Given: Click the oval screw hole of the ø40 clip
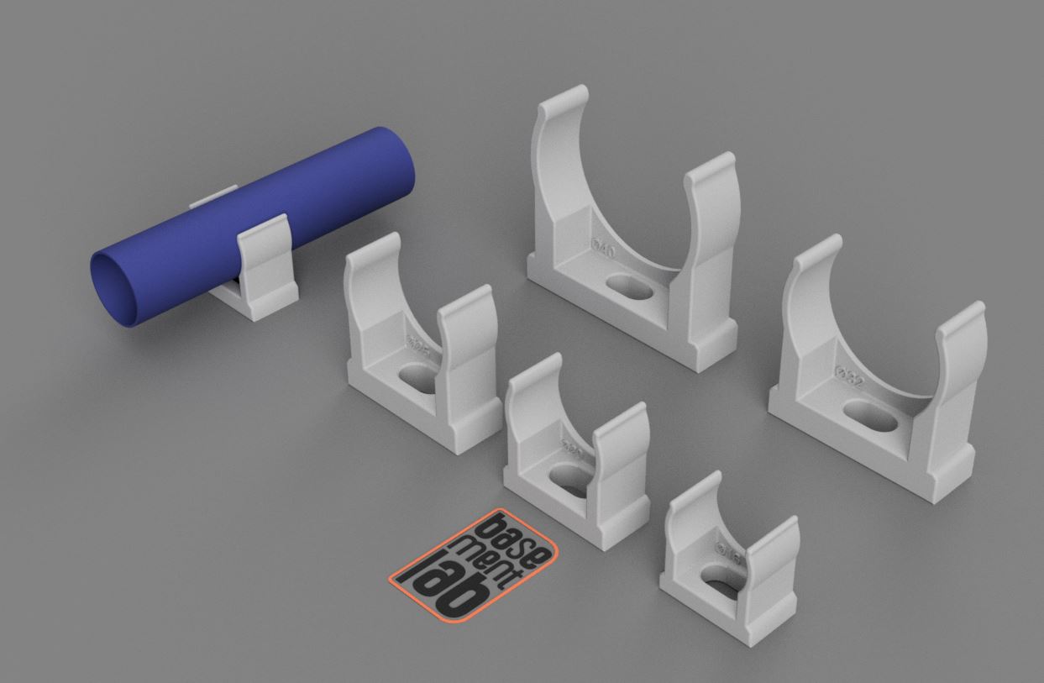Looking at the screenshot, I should coord(633,286).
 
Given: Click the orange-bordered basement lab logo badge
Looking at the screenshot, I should coord(475,565).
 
